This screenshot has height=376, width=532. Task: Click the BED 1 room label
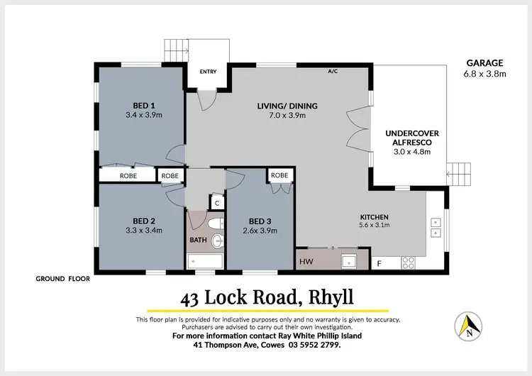[x=144, y=103]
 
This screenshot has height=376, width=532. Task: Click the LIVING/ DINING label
[x=287, y=106]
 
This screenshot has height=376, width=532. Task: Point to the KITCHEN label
[x=374, y=216]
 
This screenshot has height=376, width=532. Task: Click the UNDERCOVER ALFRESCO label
[x=408, y=138]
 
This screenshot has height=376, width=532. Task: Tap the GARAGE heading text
[x=485, y=63]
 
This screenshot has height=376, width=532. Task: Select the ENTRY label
[x=209, y=72]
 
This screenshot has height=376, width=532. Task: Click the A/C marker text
[x=333, y=72]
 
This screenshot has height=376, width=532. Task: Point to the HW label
[x=306, y=262]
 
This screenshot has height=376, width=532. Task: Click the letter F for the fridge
[x=380, y=263]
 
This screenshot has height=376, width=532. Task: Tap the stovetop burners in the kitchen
[x=409, y=262]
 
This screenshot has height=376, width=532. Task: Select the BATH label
[x=198, y=240]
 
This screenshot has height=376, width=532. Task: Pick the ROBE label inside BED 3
[x=279, y=175]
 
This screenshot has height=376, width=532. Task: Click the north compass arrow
[x=468, y=326]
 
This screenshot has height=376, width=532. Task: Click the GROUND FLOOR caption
[x=63, y=279]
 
